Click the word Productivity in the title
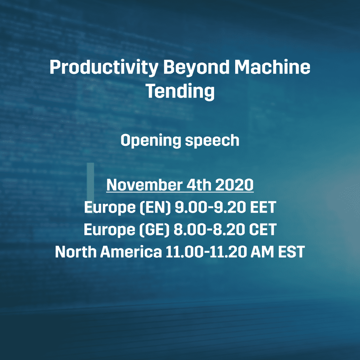click(x=104, y=67)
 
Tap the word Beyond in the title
click(x=196, y=67)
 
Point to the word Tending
click(x=180, y=92)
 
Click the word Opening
click(x=151, y=141)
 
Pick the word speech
click(x=212, y=141)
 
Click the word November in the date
click(x=144, y=185)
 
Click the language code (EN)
click(x=155, y=207)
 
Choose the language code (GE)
click(x=154, y=230)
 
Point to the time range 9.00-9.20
click(x=210, y=207)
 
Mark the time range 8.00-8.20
click(x=209, y=230)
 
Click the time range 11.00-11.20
click(x=206, y=252)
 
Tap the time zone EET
click(x=263, y=207)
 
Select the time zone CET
click(x=263, y=230)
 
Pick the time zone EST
click(x=291, y=252)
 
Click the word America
click(x=131, y=252)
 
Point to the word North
click(x=76, y=252)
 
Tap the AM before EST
click(x=262, y=252)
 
